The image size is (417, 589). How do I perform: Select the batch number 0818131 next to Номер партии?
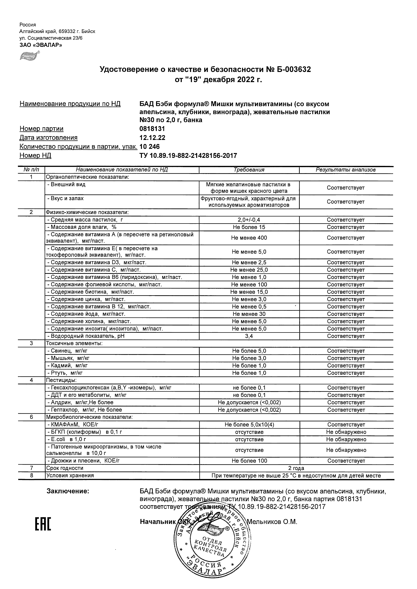(152, 129)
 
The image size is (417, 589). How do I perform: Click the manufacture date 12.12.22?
(152, 138)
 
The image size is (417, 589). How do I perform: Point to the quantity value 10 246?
(150, 147)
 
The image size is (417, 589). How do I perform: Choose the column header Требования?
(249, 170)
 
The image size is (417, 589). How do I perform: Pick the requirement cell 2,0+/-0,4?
(249, 220)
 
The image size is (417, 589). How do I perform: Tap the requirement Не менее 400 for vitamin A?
(249, 238)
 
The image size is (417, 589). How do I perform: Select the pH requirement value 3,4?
(249, 336)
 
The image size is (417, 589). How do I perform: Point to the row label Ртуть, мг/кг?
(65, 373)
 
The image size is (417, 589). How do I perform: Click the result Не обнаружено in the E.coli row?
(346, 439)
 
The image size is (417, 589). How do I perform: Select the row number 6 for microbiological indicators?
(31, 417)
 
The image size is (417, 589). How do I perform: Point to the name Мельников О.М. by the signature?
(272, 522)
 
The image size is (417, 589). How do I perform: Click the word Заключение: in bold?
(68, 491)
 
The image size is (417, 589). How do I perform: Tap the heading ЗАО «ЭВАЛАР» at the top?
(41, 45)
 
